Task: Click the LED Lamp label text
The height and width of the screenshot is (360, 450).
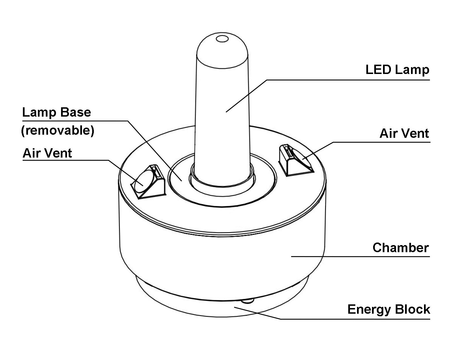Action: pyautogui.click(x=397, y=70)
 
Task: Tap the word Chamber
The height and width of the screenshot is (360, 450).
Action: pyautogui.click(x=401, y=248)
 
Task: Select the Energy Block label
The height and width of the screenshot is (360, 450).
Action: pyautogui.click(x=389, y=309)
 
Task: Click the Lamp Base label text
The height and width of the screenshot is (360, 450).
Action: pyautogui.click(x=57, y=112)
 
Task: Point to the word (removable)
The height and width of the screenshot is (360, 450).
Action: pyautogui.click(x=57, y=131)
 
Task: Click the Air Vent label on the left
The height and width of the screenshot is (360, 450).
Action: pyautogui.click(x=47, y=153)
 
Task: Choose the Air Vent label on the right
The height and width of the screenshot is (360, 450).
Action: pyautogui.click(x=404, y=134)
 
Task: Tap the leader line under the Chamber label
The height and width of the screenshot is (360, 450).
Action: pyautogui.click(x=359, y=256)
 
